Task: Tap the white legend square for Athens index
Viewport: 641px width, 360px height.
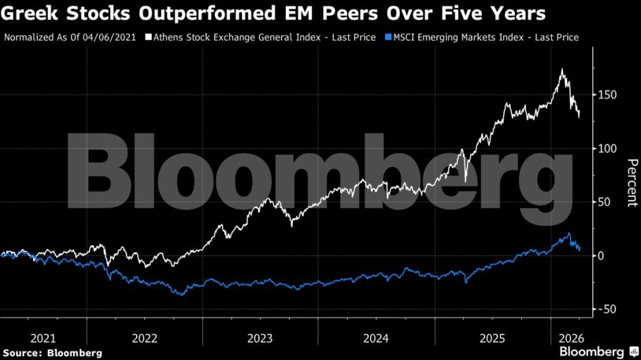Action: (149, 37)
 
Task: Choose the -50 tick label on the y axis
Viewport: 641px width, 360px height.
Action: (606, 310)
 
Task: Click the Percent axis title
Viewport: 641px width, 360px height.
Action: (631, 181)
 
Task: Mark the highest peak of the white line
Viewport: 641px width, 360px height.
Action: (561, 70)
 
